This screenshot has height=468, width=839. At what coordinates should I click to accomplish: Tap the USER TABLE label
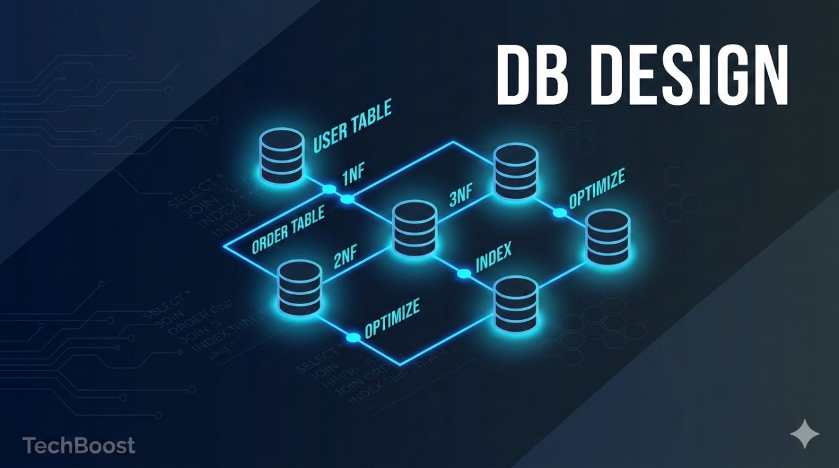point(352,126)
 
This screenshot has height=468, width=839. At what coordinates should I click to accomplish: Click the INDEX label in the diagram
point(494,258)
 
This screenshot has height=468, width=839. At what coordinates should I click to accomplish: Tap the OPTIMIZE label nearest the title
point(596,188)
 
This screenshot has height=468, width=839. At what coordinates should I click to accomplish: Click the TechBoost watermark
point(79,446)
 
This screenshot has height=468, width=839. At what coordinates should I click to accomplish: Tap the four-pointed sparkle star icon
point(804,435)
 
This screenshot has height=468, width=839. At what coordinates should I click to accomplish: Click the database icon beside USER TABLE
point(282,156)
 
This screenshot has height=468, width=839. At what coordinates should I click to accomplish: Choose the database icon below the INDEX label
point(516,303)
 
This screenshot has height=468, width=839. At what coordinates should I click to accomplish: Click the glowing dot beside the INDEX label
point(463,273)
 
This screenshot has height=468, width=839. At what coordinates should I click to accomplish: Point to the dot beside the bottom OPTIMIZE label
point(353,338)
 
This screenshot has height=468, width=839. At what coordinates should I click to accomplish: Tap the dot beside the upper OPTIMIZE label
point(559,212)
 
